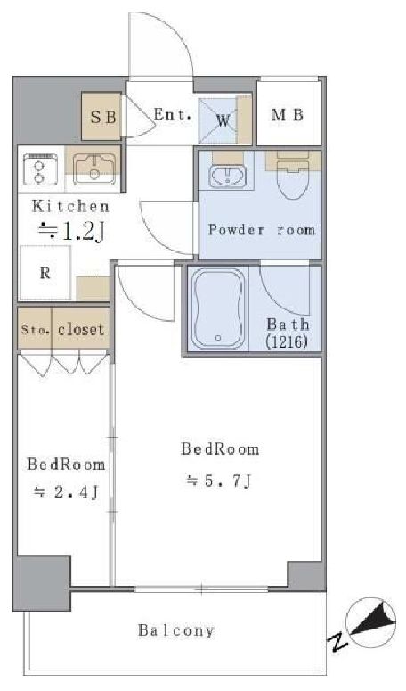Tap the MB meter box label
point(288,115)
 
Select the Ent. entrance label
point(173,115)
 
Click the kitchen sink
point(94,169)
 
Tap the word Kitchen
point(70,206)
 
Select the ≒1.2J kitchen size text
point(71,231)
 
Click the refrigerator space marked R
point(45,273)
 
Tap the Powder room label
point(262,230)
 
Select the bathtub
point(218,308)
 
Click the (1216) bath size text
point(286,342)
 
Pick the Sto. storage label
point(36,329)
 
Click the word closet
point(81,329)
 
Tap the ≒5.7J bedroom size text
point(219,481)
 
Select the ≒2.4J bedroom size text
point(66,492)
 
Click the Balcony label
point(176,630)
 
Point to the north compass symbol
point(370,622)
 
